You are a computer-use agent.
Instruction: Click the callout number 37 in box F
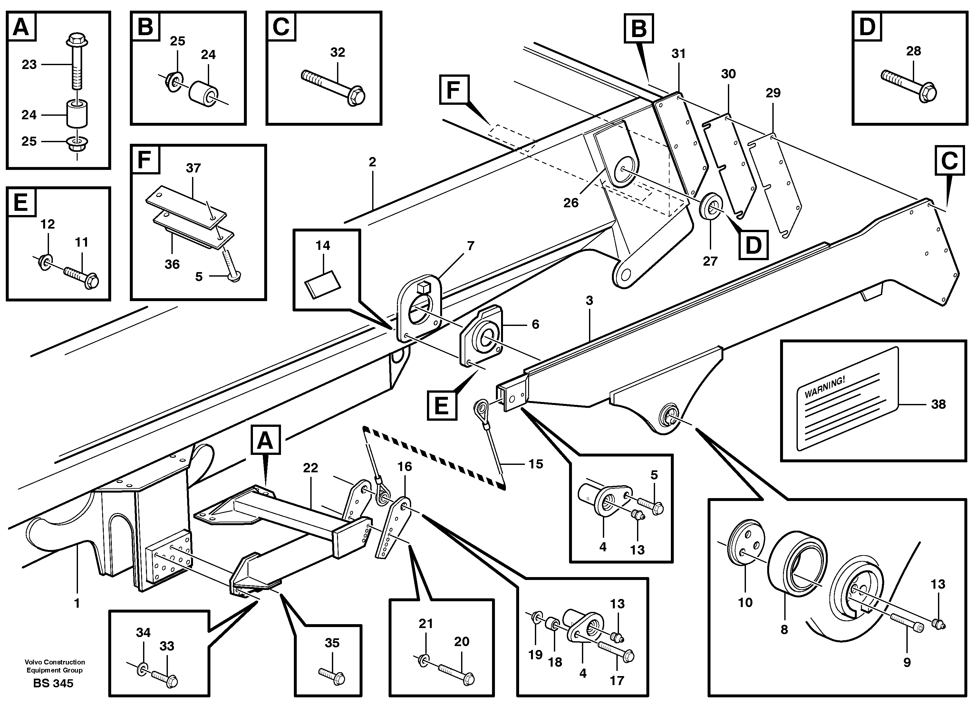[193, 168]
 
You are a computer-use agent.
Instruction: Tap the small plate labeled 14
[322, 283]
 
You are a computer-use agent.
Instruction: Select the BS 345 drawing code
[53, 683]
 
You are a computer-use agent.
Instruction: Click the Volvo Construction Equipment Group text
[55, 666]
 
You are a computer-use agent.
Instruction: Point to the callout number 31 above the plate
[679, 54]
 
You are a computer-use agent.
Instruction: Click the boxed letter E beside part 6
[441, 405]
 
